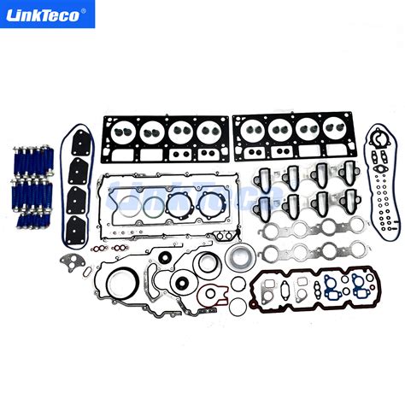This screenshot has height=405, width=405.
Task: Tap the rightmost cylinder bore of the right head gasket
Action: pos(329,131)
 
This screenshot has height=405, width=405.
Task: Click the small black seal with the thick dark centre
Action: pos(180,285)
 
